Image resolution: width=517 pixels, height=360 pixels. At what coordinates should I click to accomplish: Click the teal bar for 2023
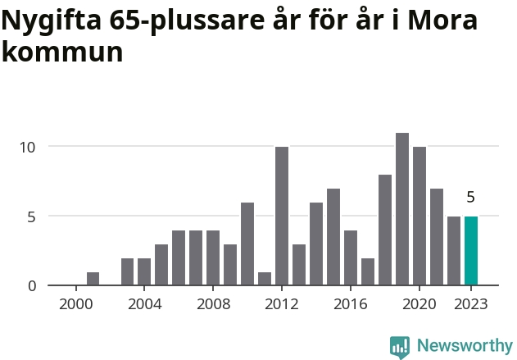click(471, 251)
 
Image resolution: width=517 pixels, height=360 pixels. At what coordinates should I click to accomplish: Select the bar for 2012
click(282, 216)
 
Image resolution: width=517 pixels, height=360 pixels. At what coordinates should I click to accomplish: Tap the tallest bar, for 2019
click(402, 209)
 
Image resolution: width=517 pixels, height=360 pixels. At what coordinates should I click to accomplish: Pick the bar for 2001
click(93, 279)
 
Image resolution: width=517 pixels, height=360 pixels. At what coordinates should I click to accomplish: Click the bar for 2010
click(247, 244)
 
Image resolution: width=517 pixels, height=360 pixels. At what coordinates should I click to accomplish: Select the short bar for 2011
click(265, 279)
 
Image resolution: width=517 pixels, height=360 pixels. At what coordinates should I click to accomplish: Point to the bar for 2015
click(333, 237)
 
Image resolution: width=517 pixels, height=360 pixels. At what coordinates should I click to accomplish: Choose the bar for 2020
click(419, 216)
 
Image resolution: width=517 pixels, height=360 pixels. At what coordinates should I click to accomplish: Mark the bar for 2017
click(368, 271)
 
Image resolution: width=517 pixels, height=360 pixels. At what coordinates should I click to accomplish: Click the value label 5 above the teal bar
click(471, 197)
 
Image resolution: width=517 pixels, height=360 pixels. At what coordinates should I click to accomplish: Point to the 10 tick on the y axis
click(28, 148)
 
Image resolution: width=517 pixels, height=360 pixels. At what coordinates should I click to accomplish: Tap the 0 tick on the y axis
click(32, 285)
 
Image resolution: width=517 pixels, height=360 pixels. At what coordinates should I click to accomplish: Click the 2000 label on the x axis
click(75, 303)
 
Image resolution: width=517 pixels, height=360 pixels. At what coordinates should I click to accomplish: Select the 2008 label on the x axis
click(213, 303)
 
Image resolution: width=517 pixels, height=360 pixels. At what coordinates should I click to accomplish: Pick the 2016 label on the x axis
click(351, 303)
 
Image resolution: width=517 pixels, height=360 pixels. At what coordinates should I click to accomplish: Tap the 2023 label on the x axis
click(471, 303)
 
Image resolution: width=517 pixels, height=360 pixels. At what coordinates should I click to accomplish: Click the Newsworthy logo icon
click(400, 346)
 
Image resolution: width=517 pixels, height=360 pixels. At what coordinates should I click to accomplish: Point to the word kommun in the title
click(62, 52)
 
